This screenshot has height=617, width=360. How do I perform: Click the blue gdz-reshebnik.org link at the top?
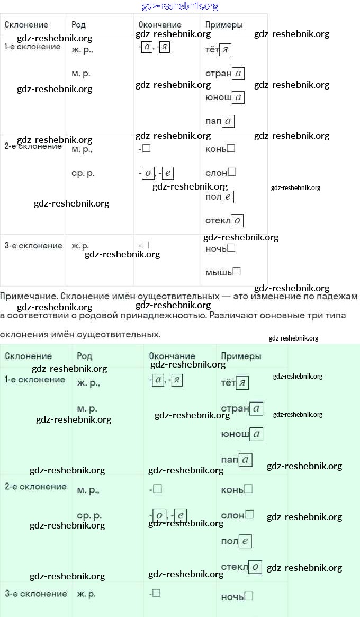click(x=180, y=6)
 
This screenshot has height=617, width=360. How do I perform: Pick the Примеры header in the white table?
click(x=223, y=25)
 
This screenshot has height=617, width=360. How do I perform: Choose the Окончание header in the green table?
click(x=172, y=356)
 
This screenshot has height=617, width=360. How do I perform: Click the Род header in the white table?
click(x=78, y=25)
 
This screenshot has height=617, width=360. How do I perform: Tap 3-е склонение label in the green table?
click(x=35, y=594)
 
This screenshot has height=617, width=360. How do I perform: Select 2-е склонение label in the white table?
click(x=33, y=146)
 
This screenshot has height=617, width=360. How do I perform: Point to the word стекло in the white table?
click(x=224, y=220)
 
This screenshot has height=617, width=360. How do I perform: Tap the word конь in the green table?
click(x=236, y=489)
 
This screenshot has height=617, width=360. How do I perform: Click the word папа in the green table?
click(x=236, y=460)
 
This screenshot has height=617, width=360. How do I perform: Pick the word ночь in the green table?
click(x=236, y=597)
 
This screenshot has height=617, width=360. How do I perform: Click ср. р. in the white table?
click(x=83, y=173)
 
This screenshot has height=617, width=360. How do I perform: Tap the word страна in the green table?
click(x=241, y=408)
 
